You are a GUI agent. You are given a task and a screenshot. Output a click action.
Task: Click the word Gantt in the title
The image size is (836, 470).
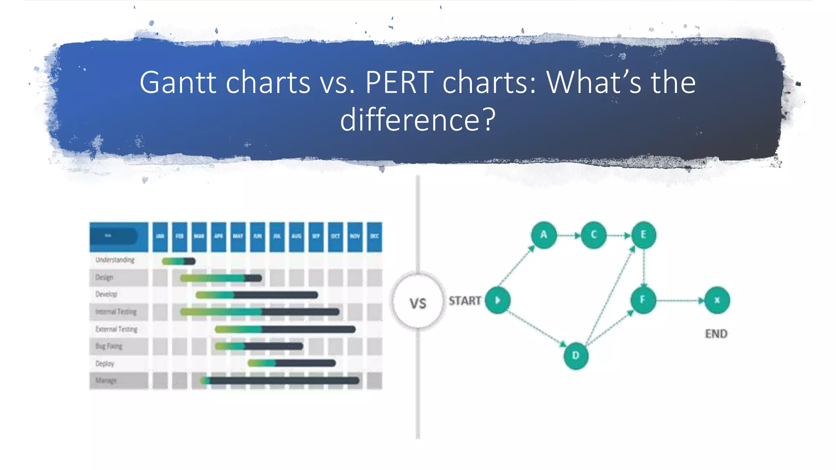click(178, 83)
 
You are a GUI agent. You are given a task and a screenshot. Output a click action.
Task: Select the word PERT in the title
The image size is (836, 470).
click(399, 83)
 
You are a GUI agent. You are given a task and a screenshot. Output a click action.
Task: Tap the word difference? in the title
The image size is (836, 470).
click(418, 120)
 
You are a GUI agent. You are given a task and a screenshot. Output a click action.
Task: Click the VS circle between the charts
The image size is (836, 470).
click(418, 302)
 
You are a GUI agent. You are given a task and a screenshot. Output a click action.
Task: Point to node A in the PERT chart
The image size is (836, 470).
click(544, 235)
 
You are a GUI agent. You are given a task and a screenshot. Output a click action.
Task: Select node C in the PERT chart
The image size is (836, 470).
click(594, 235)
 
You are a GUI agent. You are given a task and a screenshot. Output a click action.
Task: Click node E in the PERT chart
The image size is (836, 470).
click(643, 235)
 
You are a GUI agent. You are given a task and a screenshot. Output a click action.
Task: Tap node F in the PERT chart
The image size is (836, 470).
click(643, 300)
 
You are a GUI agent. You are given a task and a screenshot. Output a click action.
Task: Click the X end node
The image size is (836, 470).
click(717, 301)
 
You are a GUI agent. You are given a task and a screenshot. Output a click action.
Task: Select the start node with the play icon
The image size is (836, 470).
click(498, 301)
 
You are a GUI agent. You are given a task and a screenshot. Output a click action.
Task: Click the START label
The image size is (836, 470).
click(465, 301)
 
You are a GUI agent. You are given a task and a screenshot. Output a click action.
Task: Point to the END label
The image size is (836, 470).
click(716, 334)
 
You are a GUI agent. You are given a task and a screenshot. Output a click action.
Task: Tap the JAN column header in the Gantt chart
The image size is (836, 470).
click(160, 237)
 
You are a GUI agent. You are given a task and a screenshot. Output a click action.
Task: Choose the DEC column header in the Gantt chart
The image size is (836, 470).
click(374, 237)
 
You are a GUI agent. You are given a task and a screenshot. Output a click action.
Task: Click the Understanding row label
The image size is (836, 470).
click(115, 260)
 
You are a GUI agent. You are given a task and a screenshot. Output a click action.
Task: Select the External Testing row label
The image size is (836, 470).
click(116, 329)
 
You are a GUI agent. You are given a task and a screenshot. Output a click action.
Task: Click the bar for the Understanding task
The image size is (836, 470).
click(178, 261)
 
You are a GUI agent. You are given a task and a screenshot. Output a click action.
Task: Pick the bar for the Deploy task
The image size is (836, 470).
click(291, 363)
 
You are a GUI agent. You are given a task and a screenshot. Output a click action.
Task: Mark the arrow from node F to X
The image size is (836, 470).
click(680, 301)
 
